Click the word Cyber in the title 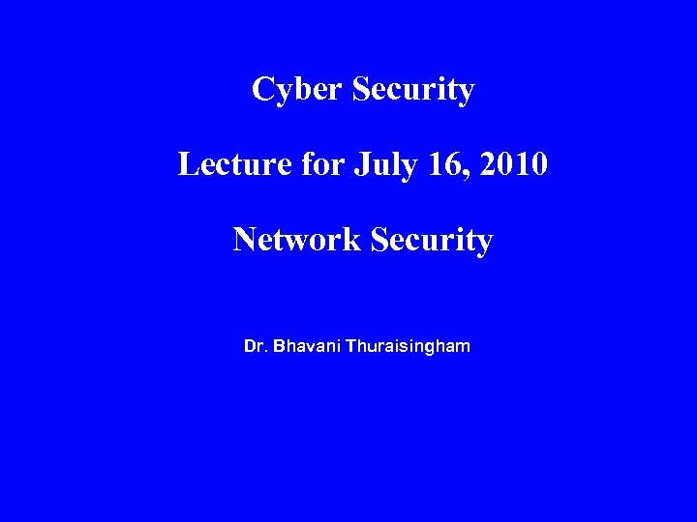[x=296, y=91]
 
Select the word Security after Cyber [x=413, y=91]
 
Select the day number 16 [x=443, y=164]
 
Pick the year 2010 [x=514, y=164]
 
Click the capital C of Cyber [x=262, y=90]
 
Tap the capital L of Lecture [x=187, y=164]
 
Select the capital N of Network [x=244, y=239]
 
